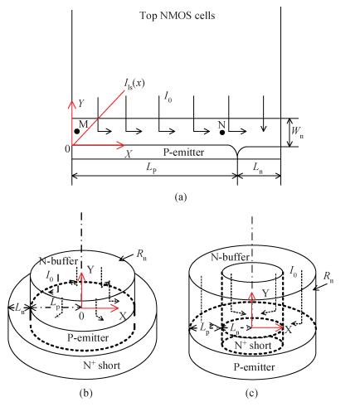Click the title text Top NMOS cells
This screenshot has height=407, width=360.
coord(178,16)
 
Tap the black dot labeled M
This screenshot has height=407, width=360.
coord(77,131)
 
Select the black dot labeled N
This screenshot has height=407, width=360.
coord(222,133)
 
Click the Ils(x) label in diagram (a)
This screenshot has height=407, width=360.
coord(134,84)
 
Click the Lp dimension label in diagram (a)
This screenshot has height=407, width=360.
coord(152,168)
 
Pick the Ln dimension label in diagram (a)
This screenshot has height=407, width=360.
coord(258,167)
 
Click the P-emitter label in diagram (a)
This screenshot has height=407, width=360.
coord(184,153)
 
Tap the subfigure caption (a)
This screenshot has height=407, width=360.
coord(181,196)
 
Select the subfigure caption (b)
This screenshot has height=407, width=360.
coord(85,393)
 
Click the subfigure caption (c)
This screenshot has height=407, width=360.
coord(251,393)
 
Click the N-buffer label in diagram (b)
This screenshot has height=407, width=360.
coord(59,261)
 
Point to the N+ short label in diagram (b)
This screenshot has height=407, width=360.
coord(101,366)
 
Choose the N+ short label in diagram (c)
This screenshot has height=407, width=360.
coord(253,345)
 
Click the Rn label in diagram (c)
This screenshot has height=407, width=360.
coord(328,277)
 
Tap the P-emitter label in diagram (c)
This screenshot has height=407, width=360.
coord(255,367)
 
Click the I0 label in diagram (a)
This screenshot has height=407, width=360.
coord(168,97)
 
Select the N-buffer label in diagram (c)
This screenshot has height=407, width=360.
coord(230,257)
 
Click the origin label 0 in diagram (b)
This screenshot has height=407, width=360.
coord(81,316)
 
